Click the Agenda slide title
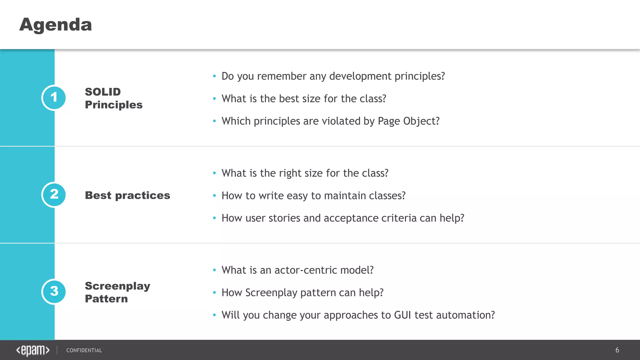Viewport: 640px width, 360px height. point(56,25)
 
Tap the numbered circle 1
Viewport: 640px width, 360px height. point(54,98)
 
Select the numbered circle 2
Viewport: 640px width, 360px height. point(54,195)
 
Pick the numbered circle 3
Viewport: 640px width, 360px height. point(54,292)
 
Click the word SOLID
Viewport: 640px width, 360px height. point(103,92)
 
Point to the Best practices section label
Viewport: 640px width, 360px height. point(127,195)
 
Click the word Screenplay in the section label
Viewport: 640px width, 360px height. point(117,286)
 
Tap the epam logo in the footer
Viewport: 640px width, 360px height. point(33,350)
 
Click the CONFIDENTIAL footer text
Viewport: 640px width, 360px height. point(84,350)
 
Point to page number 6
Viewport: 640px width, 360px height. point(617,350)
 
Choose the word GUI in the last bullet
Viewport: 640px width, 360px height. point(402,315)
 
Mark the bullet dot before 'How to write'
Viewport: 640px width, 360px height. point(214,196)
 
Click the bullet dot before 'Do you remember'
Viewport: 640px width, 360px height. point(214,76)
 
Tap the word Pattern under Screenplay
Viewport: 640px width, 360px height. point(106,299)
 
